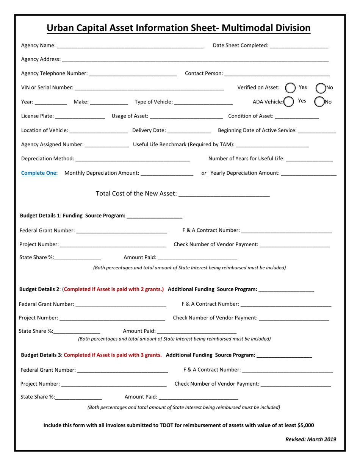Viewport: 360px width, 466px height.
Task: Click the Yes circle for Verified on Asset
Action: coord(290,88)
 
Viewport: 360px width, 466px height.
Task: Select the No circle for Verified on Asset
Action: coord(321,88)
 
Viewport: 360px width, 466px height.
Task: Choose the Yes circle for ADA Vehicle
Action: coord(289,102)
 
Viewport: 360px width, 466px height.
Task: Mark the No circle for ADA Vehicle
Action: coord(319,102)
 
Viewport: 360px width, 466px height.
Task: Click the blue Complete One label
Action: coord(39,173)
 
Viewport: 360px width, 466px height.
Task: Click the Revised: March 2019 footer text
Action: coord(310,439)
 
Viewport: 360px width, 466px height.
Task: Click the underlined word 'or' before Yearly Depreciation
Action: coord(204,173)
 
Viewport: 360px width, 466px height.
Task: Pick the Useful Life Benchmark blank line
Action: coord(272,145)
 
